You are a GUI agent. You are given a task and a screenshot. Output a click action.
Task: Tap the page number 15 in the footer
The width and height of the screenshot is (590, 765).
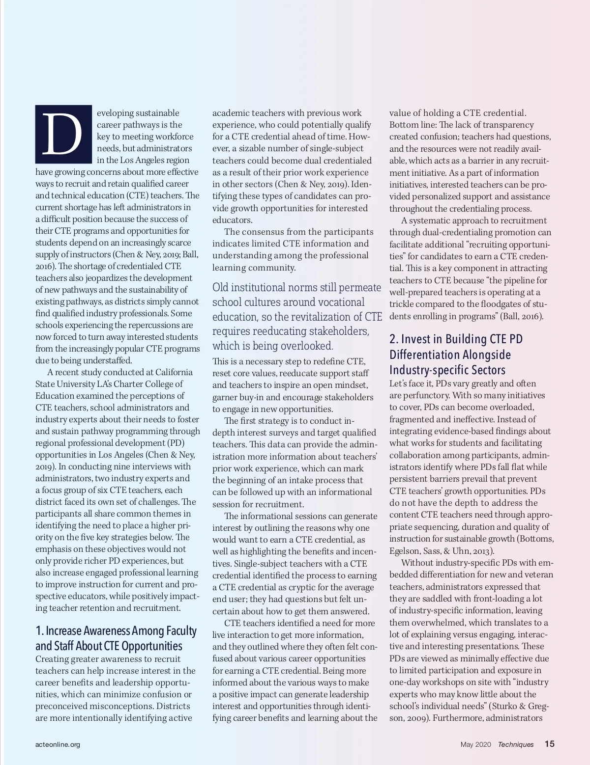click(549, 744)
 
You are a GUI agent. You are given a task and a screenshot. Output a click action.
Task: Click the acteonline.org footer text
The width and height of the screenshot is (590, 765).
click(58, 744)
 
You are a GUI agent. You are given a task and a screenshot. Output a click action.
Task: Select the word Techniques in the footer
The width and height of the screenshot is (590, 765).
click(515, 744)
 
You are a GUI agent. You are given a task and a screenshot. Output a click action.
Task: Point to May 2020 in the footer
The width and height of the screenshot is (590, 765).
click(475, 744)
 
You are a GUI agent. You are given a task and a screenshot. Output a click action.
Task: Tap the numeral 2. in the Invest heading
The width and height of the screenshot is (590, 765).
click(393, 339)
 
